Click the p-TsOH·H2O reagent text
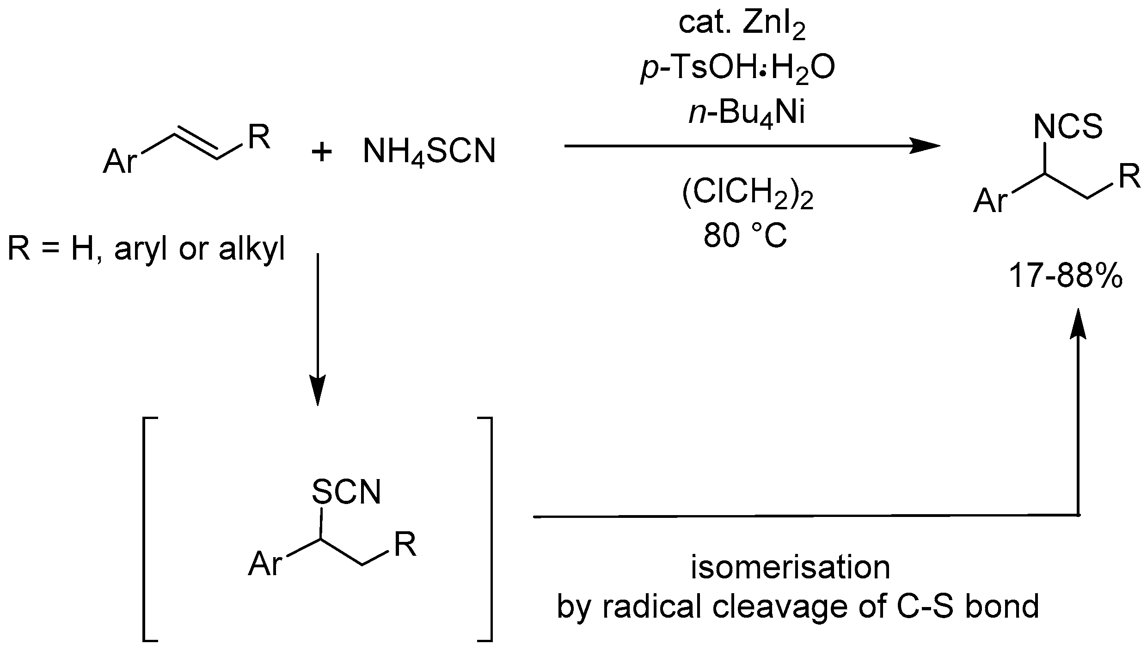click(738, 70)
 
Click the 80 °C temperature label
click(745, 237)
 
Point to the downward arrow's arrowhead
click(318, 393)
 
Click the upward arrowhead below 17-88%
click(1078, 323)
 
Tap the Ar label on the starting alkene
click(120, 162)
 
